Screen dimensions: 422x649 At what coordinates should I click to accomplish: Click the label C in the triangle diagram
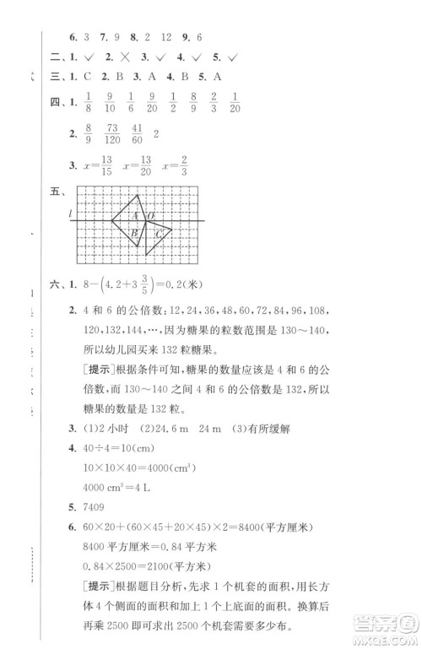[x=158, y=234]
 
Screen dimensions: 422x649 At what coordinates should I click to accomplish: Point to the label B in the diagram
[x=133, y=234]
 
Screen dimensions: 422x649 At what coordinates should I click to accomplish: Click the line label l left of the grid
[x=72, y=216]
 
